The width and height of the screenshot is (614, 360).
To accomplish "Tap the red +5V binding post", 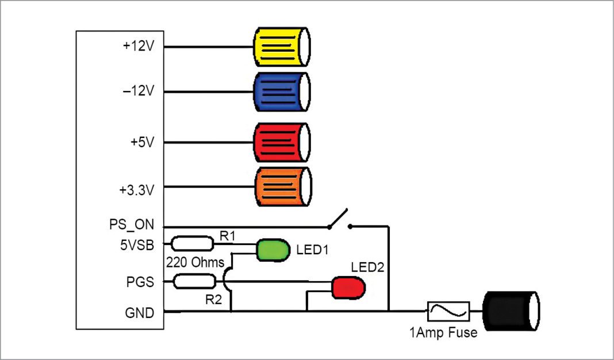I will tap(282, 141).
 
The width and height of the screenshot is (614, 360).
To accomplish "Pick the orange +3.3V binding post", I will tap(282, 187).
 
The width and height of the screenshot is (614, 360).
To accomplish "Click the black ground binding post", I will tap(511, 312).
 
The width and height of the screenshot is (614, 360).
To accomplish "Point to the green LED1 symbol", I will tap(273, 250).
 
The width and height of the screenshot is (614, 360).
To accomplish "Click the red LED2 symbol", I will tap(348, 288).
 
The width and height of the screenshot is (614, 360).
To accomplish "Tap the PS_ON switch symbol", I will tap(337, 220).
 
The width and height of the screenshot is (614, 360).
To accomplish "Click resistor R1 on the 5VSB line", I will tap(192, 244).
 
